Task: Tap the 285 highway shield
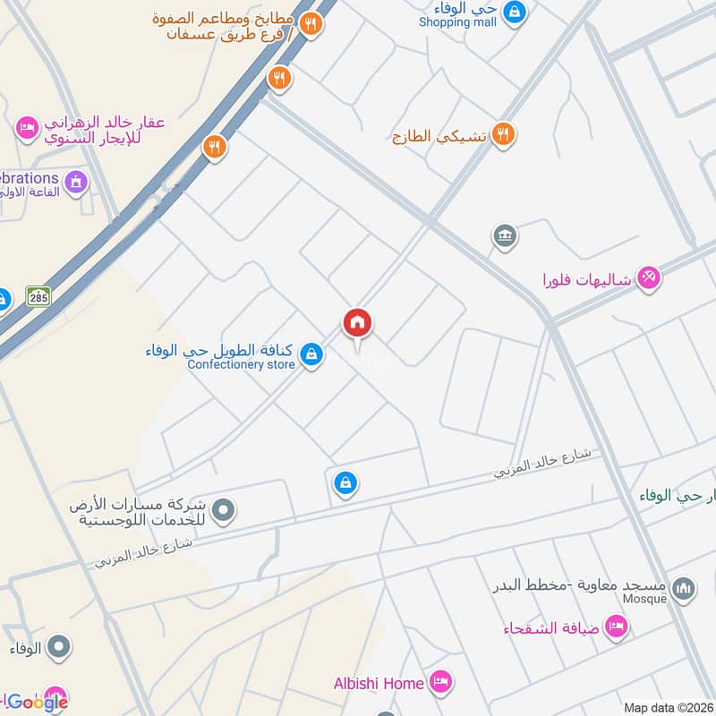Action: tap(38, 296)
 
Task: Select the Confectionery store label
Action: tap(241, 364)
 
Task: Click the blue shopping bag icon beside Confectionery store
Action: tap(311, 355)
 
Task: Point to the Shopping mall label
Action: tap(457, 21)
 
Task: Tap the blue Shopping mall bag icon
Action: tap(514, 12)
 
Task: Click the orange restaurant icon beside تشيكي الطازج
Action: tap(503, 135)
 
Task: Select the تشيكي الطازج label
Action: tap(439, 137)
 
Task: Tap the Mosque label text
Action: tap(645, 599)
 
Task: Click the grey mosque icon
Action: tap(684, 588)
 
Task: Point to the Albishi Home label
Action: tap(379, 684)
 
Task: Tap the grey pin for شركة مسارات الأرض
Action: tap(224, 512)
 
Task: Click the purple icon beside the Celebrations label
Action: tap(77, 182)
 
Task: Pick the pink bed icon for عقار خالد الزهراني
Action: tap(28, 128)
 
